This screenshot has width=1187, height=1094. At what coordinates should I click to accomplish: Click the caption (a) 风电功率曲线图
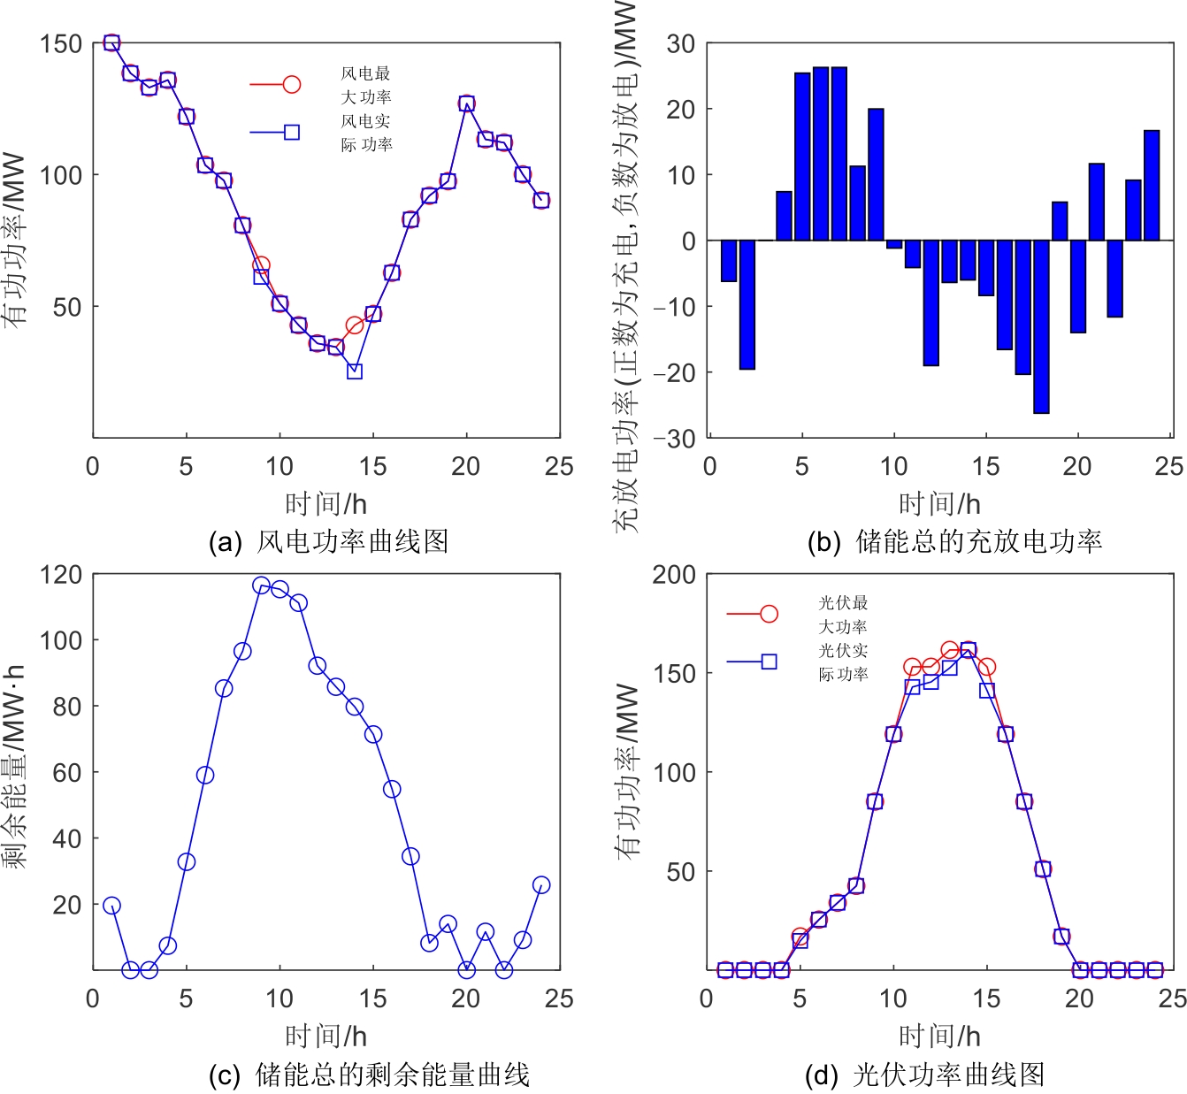tap(328, 541)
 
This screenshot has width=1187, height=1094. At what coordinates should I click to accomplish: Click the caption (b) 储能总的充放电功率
tap(954, 541)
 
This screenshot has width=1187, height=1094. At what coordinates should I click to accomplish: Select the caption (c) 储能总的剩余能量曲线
tap(369, 1075)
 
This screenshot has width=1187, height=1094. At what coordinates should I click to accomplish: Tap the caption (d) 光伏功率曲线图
tap(924, 1075)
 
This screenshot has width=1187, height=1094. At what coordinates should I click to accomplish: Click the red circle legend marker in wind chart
tap(291, 84)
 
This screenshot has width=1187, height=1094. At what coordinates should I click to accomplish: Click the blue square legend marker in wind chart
tap(291, 133)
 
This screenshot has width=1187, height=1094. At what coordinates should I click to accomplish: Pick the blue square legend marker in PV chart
tap(769, 662)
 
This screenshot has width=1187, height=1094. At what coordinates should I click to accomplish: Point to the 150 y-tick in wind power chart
tap(61, 44)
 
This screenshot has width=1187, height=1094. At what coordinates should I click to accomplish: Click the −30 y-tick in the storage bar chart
tap(674, 439)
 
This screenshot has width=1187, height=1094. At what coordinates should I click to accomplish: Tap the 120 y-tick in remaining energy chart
tap(61, 575)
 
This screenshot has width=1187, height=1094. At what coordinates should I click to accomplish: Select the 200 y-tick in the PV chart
tap(674, 575)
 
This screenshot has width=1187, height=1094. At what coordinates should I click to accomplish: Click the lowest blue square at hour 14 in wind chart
tap(355, 371)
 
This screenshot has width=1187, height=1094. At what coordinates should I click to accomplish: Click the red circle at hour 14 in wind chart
tap(355, 325)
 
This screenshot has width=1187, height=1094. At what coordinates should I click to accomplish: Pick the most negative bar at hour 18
tap(1041, 327)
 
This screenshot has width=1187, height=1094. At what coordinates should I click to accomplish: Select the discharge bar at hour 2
tap(747, 305)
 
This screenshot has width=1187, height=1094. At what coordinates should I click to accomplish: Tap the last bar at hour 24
tap(1152, 186)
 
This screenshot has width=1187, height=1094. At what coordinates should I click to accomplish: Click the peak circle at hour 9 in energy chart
tap(261, 585)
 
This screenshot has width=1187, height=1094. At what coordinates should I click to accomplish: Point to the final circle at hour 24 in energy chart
tap(541, 885)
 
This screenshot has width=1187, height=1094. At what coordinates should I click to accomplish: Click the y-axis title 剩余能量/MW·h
tap(15, 766)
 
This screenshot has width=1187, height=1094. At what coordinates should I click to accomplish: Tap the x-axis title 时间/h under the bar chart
tap(939, 504)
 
